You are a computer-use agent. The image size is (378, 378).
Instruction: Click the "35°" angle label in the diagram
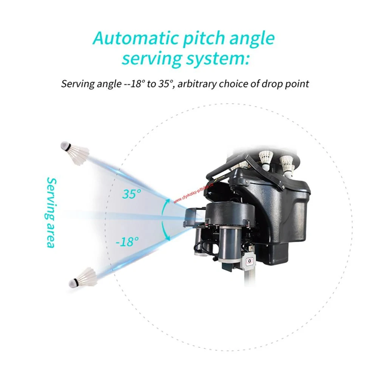[131, 194]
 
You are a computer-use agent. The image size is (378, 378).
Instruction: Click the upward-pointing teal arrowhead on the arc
[166, 203]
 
